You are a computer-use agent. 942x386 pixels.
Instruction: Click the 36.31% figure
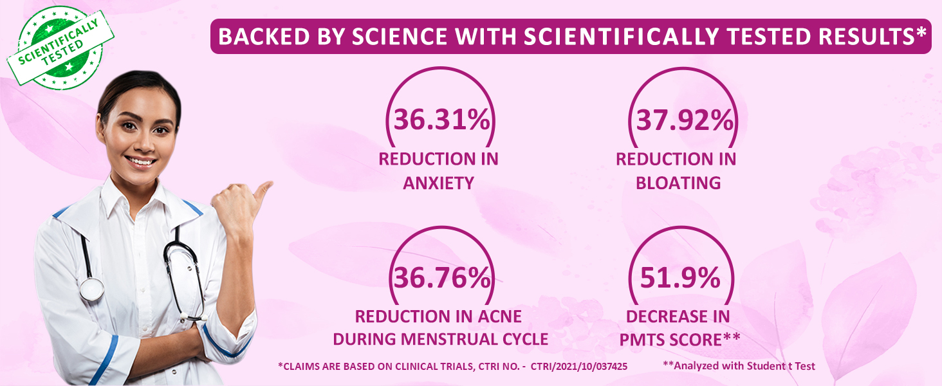click(x=441, y=120)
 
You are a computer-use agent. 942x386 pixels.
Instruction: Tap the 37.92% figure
click(x=684, y=120)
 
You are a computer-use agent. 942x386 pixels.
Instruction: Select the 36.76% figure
click(x=441, y=278)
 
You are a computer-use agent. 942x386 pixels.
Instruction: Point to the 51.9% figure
click(x=679, y=278)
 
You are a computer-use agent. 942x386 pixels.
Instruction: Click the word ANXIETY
click(x=438, y=183)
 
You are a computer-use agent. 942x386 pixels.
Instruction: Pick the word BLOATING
click(x=678, y=183)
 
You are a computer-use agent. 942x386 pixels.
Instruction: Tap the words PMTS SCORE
click(x=679, y=339)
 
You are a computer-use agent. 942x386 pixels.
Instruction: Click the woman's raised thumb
click(x=263, y=189)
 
